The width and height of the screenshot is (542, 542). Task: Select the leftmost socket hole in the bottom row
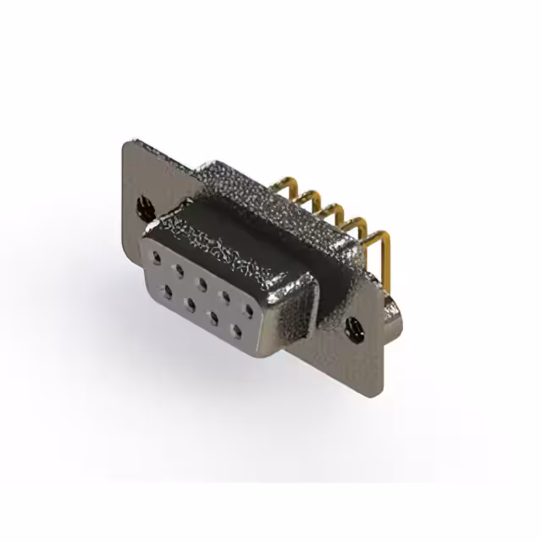170,291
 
